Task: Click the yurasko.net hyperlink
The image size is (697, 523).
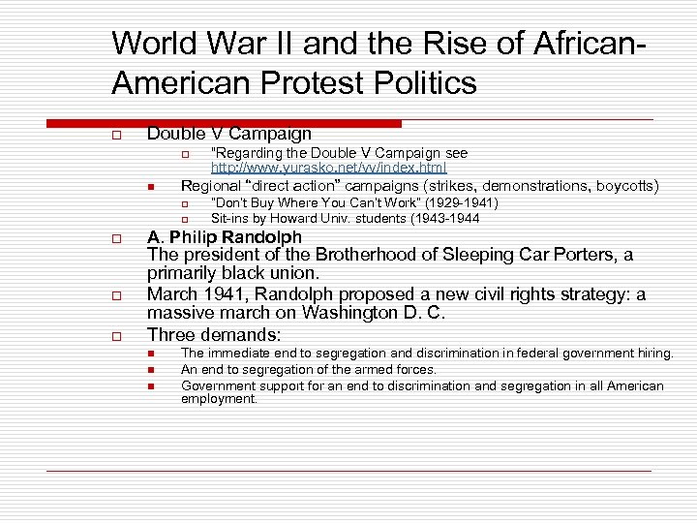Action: point(328,168)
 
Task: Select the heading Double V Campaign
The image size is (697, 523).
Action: point(228,134)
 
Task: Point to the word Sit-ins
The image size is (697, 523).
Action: point(231,218)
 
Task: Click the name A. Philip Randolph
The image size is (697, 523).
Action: point(225,236)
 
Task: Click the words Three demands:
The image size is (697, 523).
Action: point(214,334)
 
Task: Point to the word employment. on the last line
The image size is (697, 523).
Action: point(219,398)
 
